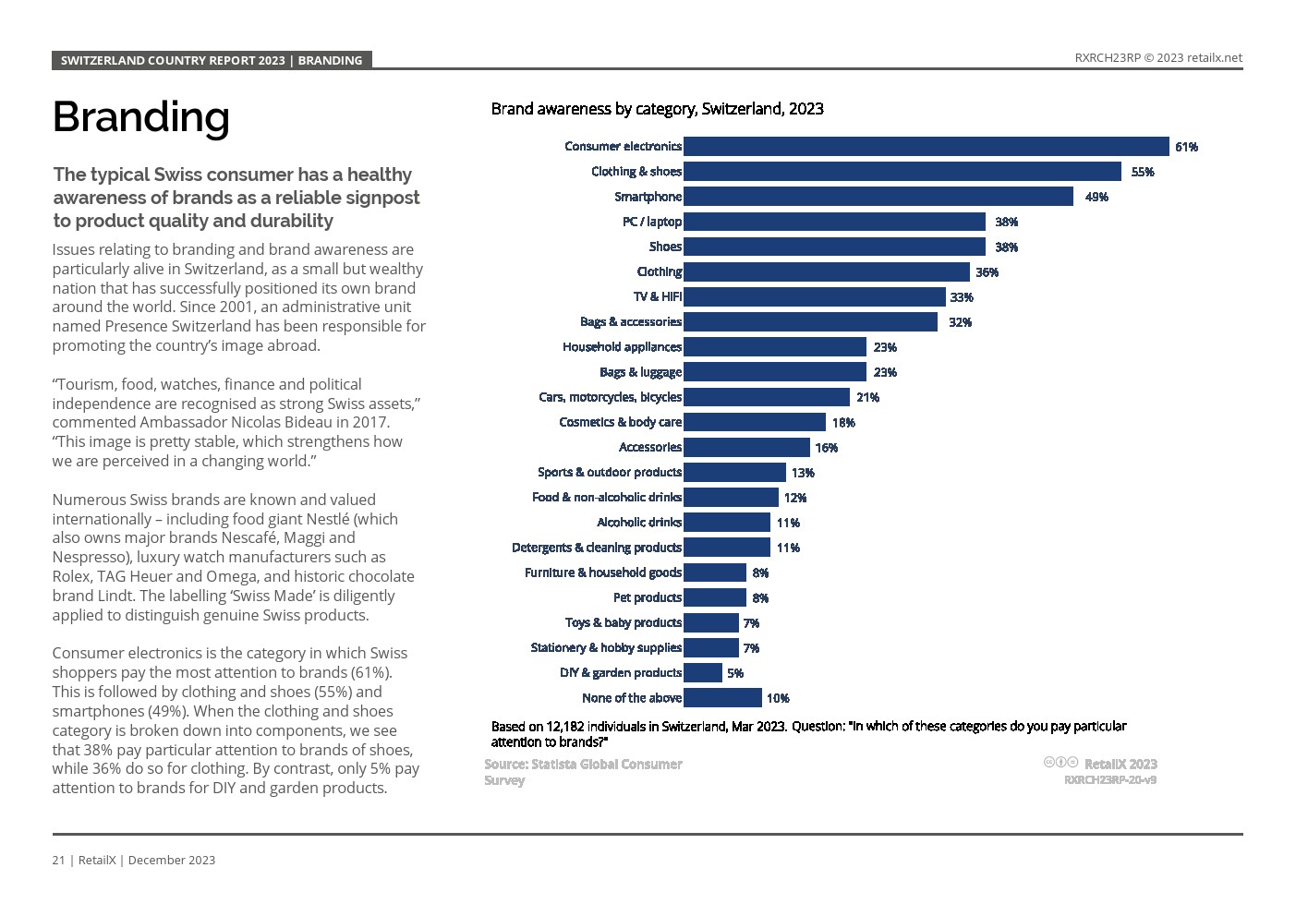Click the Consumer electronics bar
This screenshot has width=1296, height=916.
click(x=926, y=146)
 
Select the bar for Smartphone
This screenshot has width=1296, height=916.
click(x=878, y=197)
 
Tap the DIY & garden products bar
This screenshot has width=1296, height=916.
click(x=703, y=673)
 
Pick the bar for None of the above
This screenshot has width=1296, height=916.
click(x=722, y=698)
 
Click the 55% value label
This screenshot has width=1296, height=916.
click(x=1143, y=172)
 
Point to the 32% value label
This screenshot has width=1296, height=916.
click(x=960, y=322)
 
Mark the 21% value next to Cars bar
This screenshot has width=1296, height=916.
click(x=867, y=397)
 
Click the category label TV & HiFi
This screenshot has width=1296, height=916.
click(x=657, y=296)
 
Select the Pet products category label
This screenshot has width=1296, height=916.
click(x=647, y=597)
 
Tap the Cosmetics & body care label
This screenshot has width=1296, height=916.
click(x=620, y=422)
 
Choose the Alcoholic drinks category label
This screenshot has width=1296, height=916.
click(x=638, y=523)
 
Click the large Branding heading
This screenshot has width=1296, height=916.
click(x=140, y=117)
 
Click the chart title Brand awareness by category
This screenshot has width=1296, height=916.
click(x=657, y=109)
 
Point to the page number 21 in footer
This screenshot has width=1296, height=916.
click(x=58, y=860)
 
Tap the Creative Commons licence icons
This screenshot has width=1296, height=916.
click(x=1060, y=763)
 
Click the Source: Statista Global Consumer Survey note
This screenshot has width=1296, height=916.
click(x=583, y=771)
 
